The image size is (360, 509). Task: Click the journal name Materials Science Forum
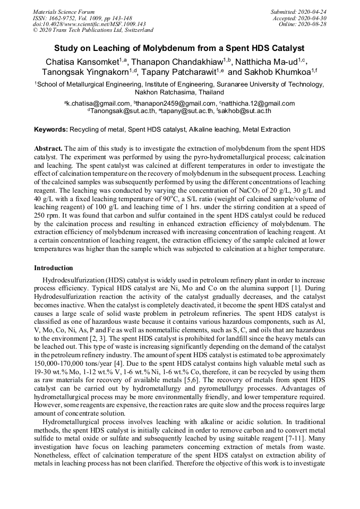(x=64, y=12)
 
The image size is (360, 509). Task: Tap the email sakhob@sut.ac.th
(x=245, y=111)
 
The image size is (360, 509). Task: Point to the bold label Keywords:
(x=51, y=130)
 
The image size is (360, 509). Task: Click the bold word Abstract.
(x=48, y=148)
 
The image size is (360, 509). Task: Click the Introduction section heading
(x=54, y=268)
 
